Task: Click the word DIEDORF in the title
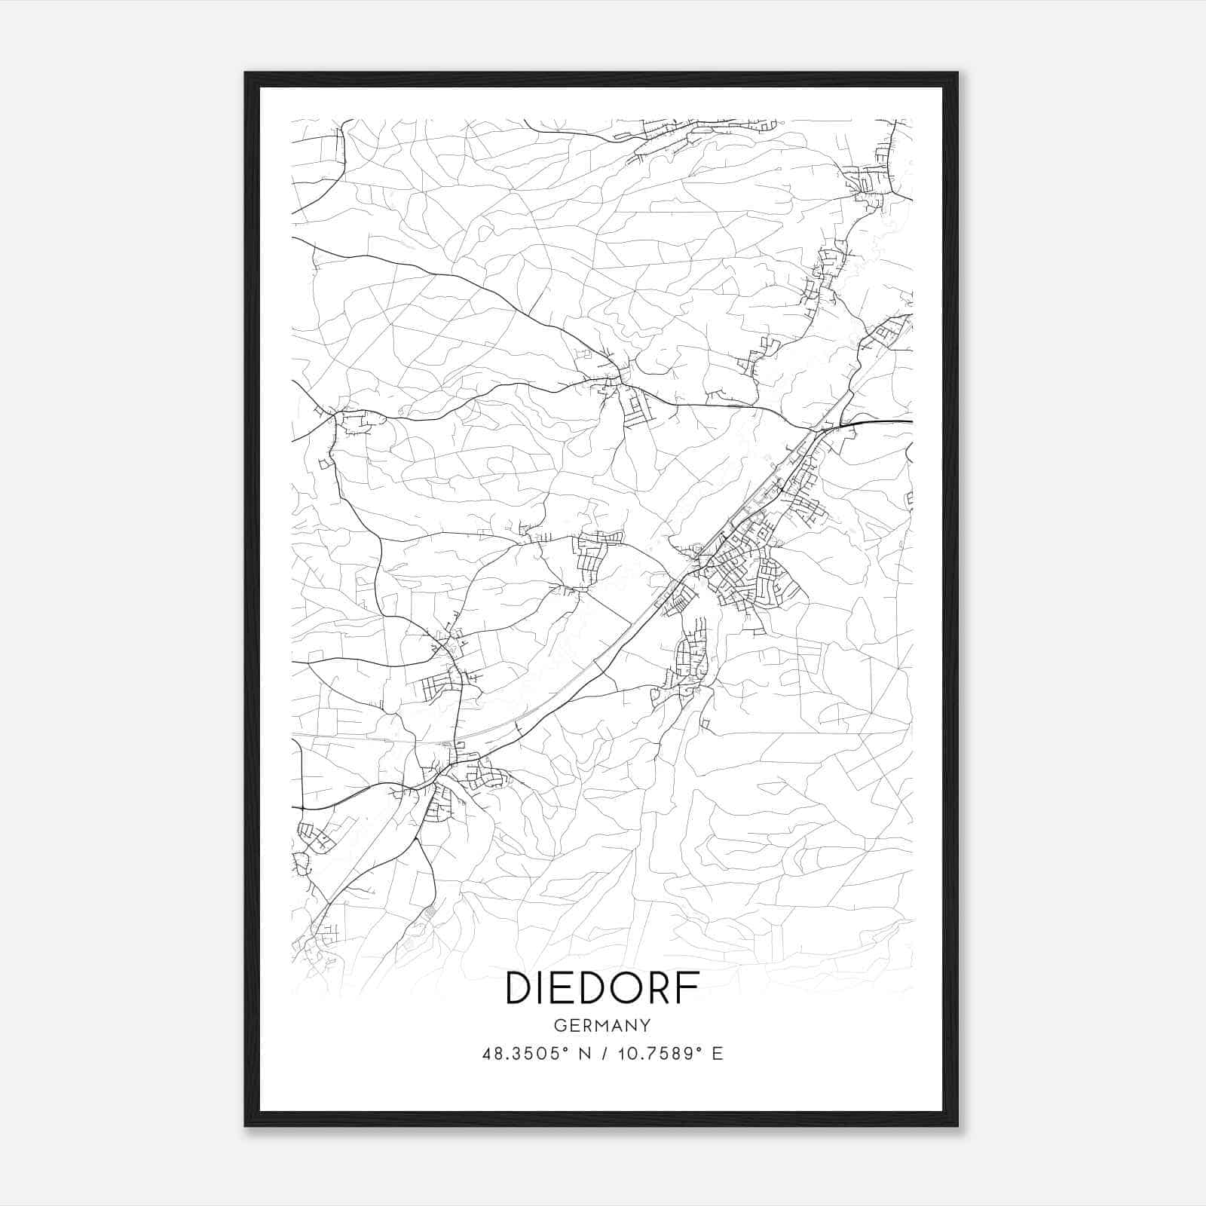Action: tap(602, 988)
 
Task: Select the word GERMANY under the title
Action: tap(602, 1026)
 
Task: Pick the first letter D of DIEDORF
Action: tap(519, 988)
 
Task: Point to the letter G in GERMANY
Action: tap(559, 1026)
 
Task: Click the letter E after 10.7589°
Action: tap(717, 1054)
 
